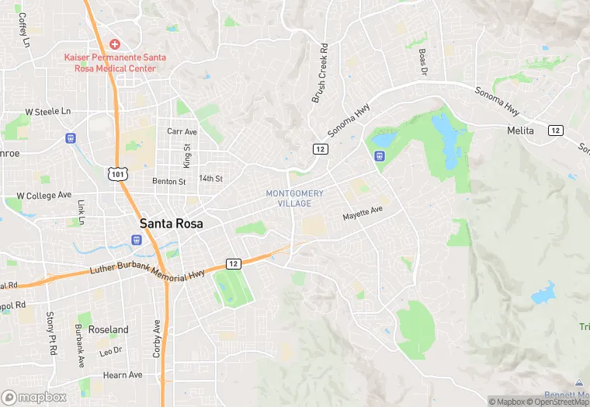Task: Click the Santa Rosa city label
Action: (x=172, y=224)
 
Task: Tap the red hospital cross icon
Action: (x=115, y=44)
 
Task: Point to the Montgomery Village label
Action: (x=294, y=198)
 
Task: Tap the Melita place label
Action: (x=520, y=130)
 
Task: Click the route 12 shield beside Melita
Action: (x=555, y=130)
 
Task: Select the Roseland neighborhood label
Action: (x=109, y=329)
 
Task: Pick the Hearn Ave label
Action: (x=124, y=374)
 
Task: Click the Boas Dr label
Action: (x=423, y=61)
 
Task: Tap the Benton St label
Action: (x=169, y=182)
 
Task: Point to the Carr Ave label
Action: (x=182, y=131)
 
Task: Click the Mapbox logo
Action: (x=34, y=397)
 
